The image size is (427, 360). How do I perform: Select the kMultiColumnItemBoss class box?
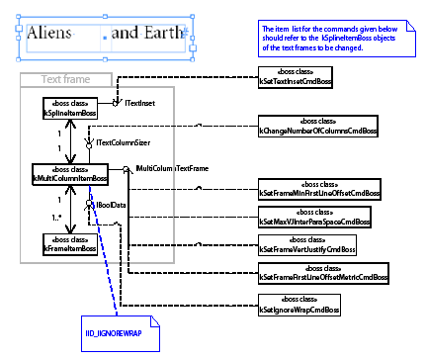tap(69, 173)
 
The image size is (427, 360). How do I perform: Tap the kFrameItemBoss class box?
tap(69, 243)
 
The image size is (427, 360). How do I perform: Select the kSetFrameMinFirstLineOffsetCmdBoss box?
tap(319, 188)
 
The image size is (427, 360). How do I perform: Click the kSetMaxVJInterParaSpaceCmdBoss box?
tap(313, 218)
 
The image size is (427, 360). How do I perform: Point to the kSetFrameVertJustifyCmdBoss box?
tap(306, 245)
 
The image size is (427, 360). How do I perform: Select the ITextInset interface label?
tap(137, 103)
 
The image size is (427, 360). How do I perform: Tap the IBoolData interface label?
tap(112, 205)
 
